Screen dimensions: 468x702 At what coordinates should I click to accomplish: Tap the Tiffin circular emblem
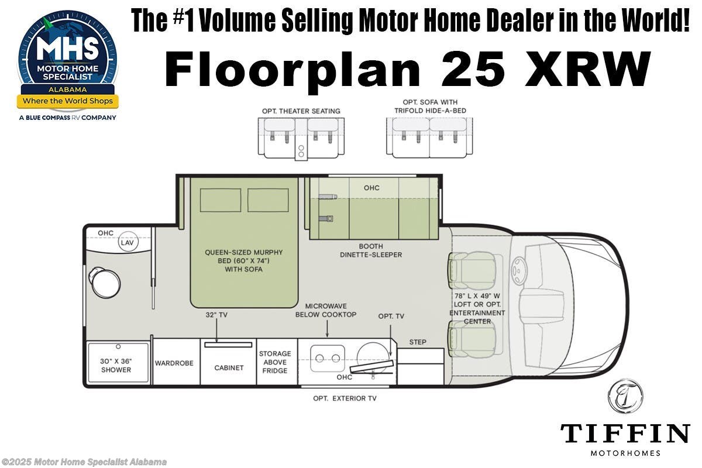click(x=625, y=396)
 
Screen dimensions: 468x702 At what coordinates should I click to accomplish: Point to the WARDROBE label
click(x=174, y=363)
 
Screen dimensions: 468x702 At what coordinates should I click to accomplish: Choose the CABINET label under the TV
click(x=228, y=367)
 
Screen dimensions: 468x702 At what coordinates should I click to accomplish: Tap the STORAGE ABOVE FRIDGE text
click(x=275, y=362)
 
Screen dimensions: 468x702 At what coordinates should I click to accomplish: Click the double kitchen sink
click(x=326, y=357)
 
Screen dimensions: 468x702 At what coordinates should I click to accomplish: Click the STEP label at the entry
click(x=418, y=342)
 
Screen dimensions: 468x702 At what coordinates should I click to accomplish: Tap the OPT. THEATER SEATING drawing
click(x=301, y=137)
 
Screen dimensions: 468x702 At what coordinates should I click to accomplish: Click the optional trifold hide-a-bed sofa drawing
click(x=429, y=137)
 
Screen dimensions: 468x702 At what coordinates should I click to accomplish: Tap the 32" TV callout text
click(x=216, y=314)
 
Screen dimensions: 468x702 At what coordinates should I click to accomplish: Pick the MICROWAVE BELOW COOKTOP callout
click(x=326, y=310)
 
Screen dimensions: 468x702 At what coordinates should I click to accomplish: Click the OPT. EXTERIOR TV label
click(x=345, y=398)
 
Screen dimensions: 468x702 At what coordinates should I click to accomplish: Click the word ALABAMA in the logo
click(x=67, y=90)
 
